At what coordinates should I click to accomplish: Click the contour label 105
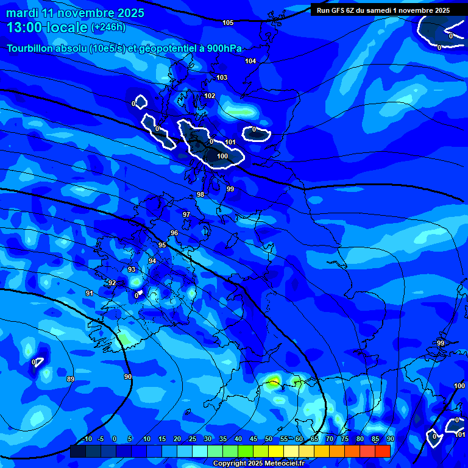point(228,23)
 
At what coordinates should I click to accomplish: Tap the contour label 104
point(250,61)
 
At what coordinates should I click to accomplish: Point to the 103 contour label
point(222,77)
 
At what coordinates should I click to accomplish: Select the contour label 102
point(210,96)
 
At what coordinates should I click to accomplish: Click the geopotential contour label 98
point(200,194)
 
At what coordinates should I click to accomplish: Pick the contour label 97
point(186,214)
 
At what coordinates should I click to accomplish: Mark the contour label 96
point(174,233)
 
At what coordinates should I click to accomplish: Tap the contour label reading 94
point(152,261)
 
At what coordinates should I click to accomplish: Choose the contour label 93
point(132,269)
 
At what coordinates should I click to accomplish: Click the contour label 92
point(112,283)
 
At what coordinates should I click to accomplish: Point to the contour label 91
point(89,293)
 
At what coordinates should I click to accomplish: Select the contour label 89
point(71,379)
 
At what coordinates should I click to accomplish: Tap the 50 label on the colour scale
point(269,439)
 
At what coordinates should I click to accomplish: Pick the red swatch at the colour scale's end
point(382,451)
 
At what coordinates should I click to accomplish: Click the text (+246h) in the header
point(108,27)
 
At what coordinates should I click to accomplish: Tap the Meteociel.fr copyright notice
point(259,463)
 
